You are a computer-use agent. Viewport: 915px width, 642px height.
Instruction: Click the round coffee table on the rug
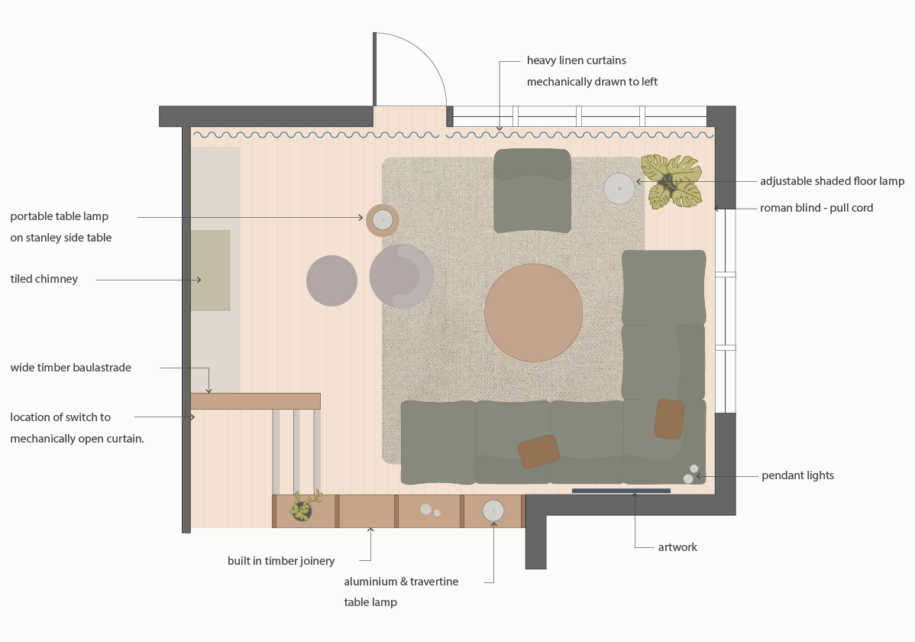[533, 313]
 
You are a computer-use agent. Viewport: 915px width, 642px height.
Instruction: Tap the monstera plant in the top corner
[671, 182]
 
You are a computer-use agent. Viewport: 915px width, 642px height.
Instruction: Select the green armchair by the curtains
[532, 191]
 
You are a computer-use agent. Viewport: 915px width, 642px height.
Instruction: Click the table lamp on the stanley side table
[383, 220]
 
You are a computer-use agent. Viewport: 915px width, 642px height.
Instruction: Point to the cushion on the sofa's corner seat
[669, 419]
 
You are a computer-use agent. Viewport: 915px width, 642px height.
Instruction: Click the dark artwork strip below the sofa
[620, 491]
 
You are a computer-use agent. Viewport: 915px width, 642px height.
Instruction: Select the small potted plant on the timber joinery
[303, 509]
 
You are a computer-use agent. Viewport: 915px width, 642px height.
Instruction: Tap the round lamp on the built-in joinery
[493, 511]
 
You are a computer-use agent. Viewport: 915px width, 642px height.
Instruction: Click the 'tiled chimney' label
[44, 279]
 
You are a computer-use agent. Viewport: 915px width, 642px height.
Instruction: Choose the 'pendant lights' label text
[797, 475]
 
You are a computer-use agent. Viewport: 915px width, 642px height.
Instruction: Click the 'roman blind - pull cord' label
[816, 208]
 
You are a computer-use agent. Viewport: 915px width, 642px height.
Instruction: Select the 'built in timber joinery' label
[281, 561]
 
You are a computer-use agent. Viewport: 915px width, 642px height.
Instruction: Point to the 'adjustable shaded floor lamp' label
[832, 181]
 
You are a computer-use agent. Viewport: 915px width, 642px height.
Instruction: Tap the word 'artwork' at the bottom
[677, 547]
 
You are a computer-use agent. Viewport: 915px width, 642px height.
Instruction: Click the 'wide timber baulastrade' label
[71, 368]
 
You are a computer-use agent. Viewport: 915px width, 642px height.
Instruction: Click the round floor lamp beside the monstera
[619, 188]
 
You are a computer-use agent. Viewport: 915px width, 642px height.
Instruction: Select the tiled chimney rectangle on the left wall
[210, 271]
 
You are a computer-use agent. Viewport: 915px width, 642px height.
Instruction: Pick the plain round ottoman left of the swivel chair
[331, 280]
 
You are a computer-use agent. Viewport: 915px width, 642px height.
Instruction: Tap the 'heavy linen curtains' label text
[577, 60]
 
